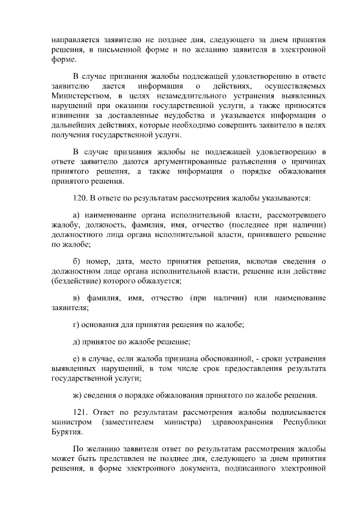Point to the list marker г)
click(77, 325)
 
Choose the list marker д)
click(78, 342)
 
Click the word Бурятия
click(66, 432)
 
